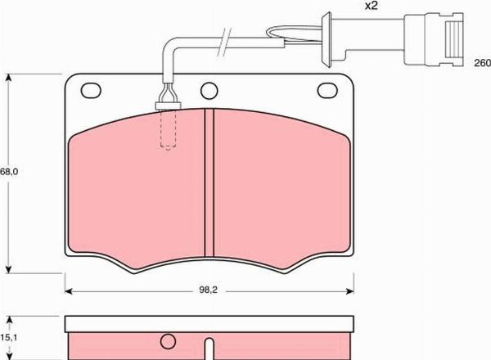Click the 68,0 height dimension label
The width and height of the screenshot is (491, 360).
(9, 172)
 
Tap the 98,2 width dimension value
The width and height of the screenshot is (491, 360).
(208, 290)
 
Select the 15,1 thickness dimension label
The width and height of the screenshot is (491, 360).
(8, 337)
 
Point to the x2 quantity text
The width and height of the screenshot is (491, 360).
(371, 6)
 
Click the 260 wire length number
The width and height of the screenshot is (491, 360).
(482, 63)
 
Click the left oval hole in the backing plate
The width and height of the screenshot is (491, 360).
(91, 91)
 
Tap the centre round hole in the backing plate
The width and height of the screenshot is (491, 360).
(209, 91)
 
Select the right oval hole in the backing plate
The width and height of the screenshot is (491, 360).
(327, 91)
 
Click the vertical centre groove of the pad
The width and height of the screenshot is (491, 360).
(209, 182)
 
